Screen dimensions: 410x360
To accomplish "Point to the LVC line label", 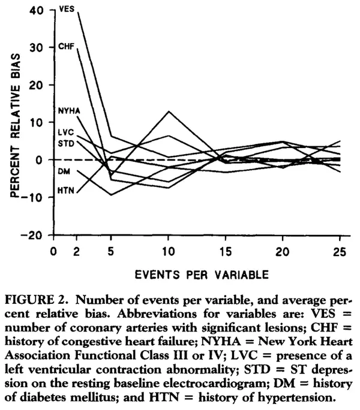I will [x=65, y=132].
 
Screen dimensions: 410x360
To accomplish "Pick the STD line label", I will [x=65, y=143].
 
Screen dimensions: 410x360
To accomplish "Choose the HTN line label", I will [x=65, y=190].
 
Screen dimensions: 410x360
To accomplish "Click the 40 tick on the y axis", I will [x=37, y=10].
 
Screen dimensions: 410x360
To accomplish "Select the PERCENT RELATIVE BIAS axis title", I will [x=16, y=122].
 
